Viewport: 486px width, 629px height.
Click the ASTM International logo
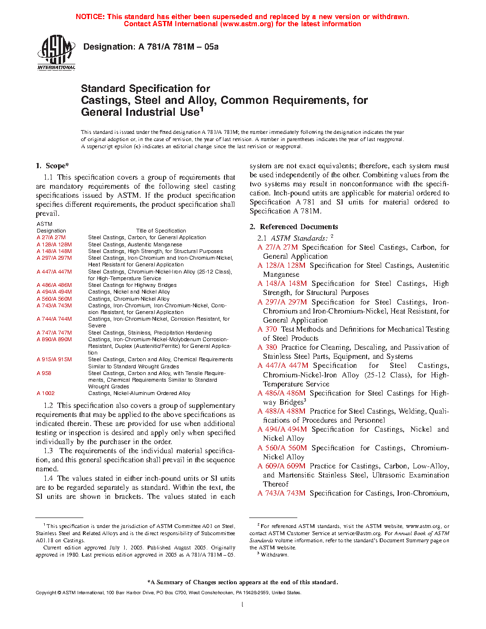click(x=56, y=52)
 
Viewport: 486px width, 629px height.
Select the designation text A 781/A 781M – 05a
click(x=178, y=47)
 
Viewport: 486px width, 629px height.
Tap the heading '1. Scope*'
click(x=52, y=166)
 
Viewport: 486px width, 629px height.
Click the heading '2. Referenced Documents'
click(x=294, y=227)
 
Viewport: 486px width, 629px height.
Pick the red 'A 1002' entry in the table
click(x=46, y=394)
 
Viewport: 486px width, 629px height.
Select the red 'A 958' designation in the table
click(x=44, y=373)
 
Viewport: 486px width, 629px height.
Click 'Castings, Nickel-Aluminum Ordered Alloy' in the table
click(x=139, y=394)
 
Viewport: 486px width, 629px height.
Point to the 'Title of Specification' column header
click(x=161, y=231)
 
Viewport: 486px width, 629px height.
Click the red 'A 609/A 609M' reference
click(x=282, y=466)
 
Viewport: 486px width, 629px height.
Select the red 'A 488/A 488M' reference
click(x=282, y=411)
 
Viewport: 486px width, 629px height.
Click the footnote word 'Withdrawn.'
click(x=274, y=555)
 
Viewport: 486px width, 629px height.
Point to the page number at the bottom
click(x=243, y=605)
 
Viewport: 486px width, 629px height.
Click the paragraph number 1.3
click(x=48, y=451)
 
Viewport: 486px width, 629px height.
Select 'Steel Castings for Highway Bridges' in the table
click(x=132, y=285)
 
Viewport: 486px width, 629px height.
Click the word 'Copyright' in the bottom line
click(x=46, y=593)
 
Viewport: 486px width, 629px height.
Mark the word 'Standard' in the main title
click(x=103, y=89)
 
